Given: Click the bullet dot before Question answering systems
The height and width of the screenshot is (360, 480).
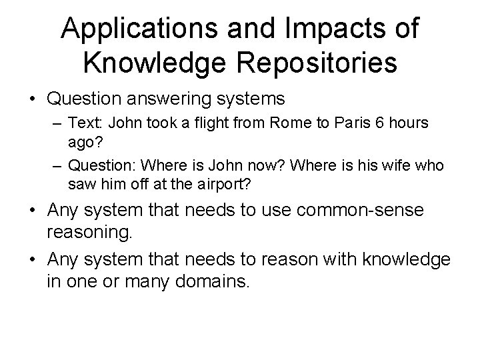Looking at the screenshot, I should (31, 99).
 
